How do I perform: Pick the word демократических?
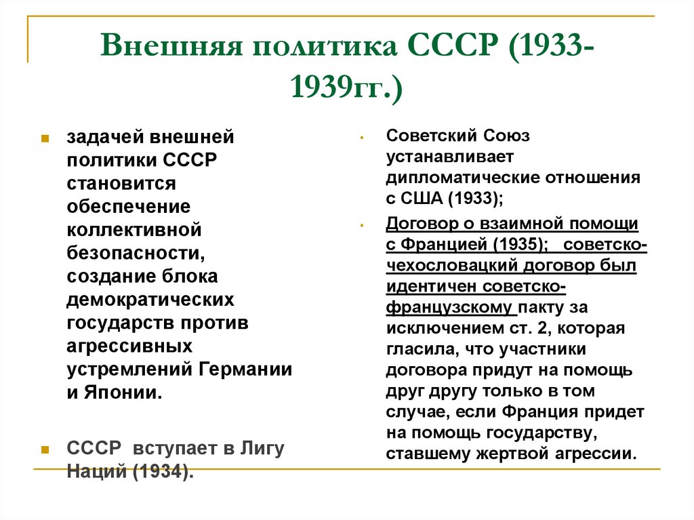pyautogui.click(x=151, y=300)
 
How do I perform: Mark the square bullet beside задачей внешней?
pyautogui.click(x=45, y=138)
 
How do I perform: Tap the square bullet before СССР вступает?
pyautogui.click(x=45, y=449)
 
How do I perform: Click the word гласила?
pyautogui.click(x=415, y=350)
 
